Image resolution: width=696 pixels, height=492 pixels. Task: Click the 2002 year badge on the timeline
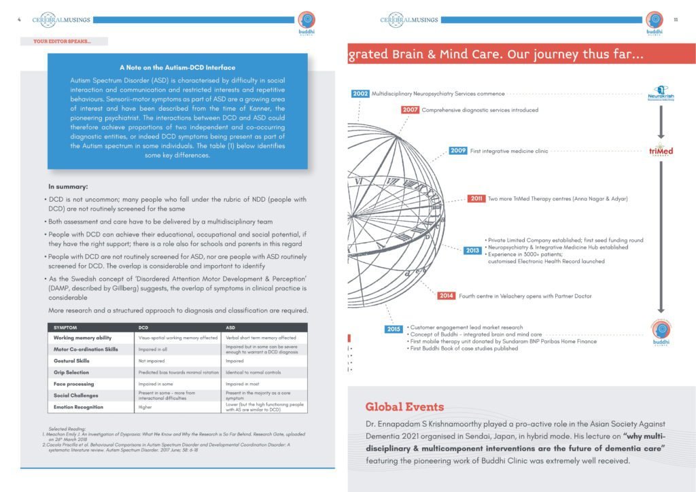tap(360, 94)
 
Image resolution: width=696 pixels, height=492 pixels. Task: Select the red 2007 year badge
tap(410, 109)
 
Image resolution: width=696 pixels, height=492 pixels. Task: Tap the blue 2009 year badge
tap(458, 151)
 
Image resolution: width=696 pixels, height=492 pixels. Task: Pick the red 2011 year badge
tap(476, 198)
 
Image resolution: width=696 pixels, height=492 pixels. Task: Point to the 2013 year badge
tap(472, 251)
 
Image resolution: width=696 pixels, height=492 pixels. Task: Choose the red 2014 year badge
tap(447, 296)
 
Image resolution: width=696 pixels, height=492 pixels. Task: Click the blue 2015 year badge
tap(394, 329)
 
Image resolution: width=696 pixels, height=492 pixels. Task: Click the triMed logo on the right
tap(661, 151)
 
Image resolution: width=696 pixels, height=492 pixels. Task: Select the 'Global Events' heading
tap(406, 407)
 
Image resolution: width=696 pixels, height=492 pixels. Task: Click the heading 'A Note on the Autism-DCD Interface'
tap(177, 67)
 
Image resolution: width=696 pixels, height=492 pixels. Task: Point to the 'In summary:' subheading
tap(68, 186)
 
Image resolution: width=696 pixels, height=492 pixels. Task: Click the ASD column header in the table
tap(232, 328)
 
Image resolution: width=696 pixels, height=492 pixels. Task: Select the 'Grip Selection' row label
tap(71, 372)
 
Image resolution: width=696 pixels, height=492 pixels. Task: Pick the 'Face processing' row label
tap(74, 384)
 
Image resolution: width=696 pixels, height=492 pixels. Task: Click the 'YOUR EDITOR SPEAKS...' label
tap(61, 41)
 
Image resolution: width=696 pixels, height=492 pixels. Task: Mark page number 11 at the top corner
tap(676, 20)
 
